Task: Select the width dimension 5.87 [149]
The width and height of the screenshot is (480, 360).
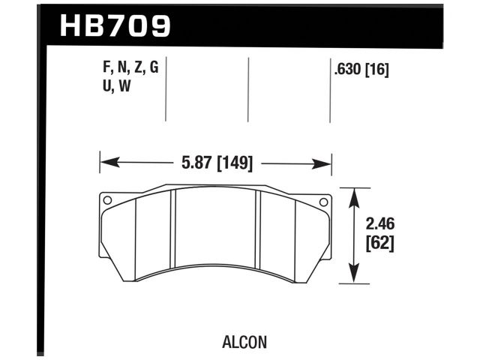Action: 215,163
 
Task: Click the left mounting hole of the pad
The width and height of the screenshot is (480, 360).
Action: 107,200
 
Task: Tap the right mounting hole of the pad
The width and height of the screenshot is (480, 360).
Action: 324,201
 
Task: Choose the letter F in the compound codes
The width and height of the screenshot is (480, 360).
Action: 105,68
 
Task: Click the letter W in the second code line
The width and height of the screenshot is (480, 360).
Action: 124,86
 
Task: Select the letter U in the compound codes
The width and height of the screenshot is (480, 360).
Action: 105,86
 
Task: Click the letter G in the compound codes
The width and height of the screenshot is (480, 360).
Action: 154,68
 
